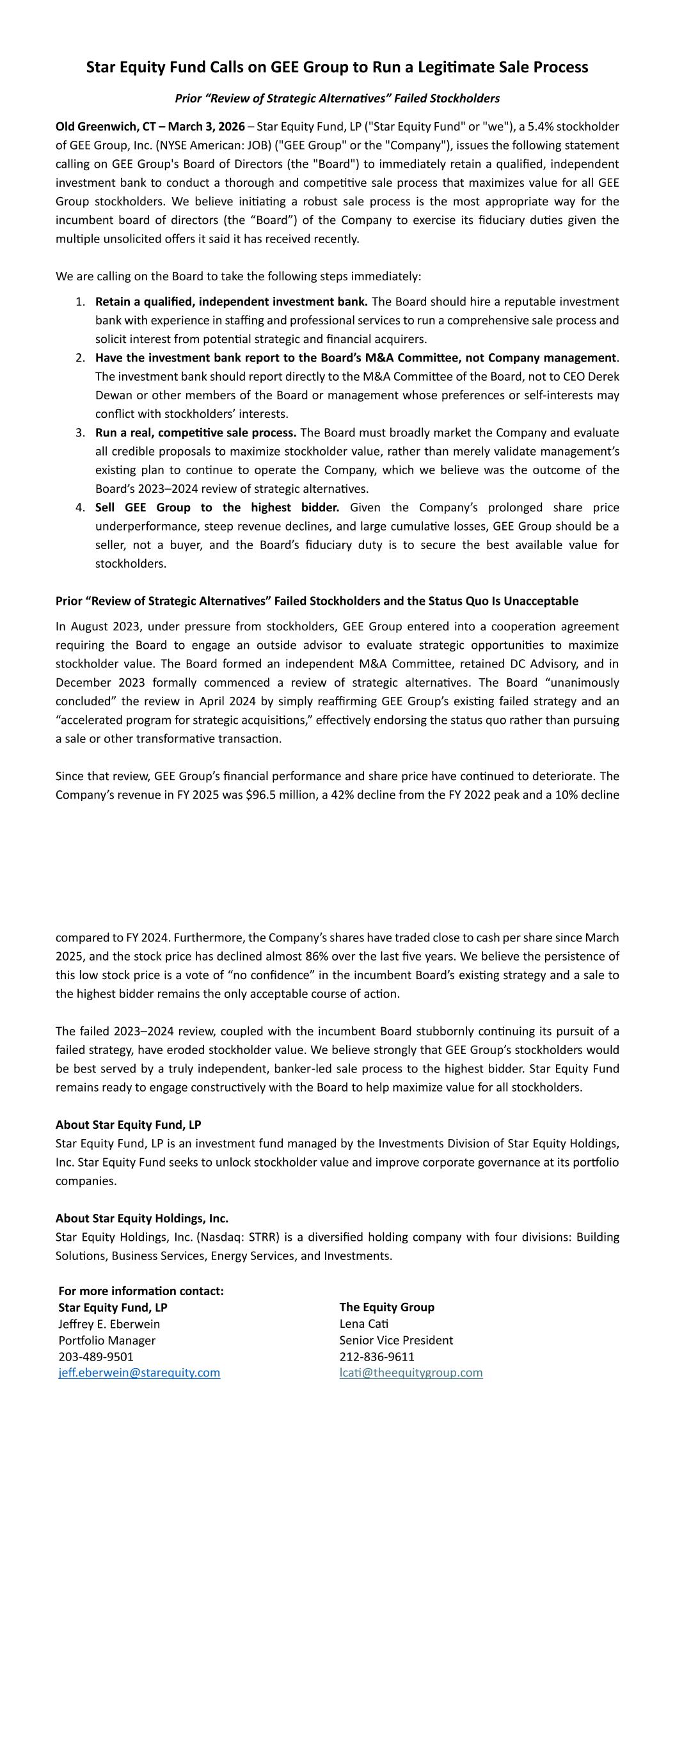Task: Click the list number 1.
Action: pyautogui.click(x=80, y=301)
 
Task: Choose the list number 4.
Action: pyautogui.click(x=80, y=507)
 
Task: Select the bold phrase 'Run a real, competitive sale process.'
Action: pyautogui.click(x=195, y=433)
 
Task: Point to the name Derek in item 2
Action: pyautogui.click(x=603, y=376)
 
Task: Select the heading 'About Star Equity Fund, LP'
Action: pyautogui.click(x=128, y=1124)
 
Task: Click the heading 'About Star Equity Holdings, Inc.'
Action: pyautogui.click(x=142, y=1218)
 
